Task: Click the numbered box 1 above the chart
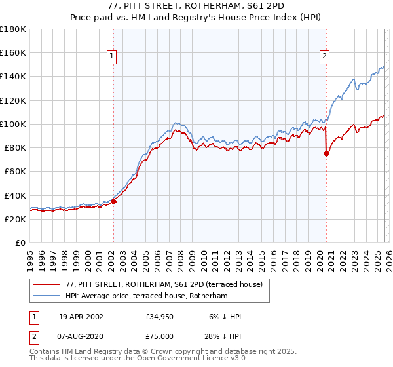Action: coord(113,57)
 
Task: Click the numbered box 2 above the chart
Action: coord(324,57)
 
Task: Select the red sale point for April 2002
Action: coord(113,201)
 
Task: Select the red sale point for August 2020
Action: coord(326,153)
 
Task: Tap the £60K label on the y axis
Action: coord(15,171)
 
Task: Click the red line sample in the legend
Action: coord(47,284)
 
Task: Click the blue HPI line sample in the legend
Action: coord(47,296)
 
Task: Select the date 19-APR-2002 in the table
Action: coord(81,317)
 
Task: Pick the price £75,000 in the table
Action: coord(160,336)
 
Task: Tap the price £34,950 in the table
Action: coord(160,317)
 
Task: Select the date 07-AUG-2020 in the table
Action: coord(81,336)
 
